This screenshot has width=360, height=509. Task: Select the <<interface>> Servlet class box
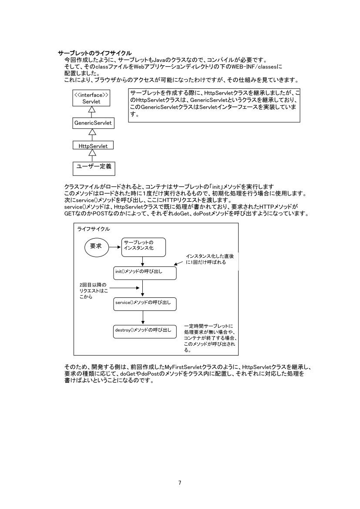point(91,98)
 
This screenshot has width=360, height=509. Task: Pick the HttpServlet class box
point(90,146)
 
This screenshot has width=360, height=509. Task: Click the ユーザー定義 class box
point(91,167)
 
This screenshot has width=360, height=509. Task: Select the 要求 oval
point(96,246)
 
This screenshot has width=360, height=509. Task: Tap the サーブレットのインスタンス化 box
point(143,247)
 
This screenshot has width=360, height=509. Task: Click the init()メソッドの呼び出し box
point(145,273)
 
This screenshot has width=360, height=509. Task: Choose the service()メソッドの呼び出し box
point(145,304)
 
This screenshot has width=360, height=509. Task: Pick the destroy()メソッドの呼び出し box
point(145,331)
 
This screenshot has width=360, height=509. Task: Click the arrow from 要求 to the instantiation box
point(114,247)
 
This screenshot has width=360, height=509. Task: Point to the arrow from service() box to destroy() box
point(143,317)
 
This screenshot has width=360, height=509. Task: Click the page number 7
point(180,482)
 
